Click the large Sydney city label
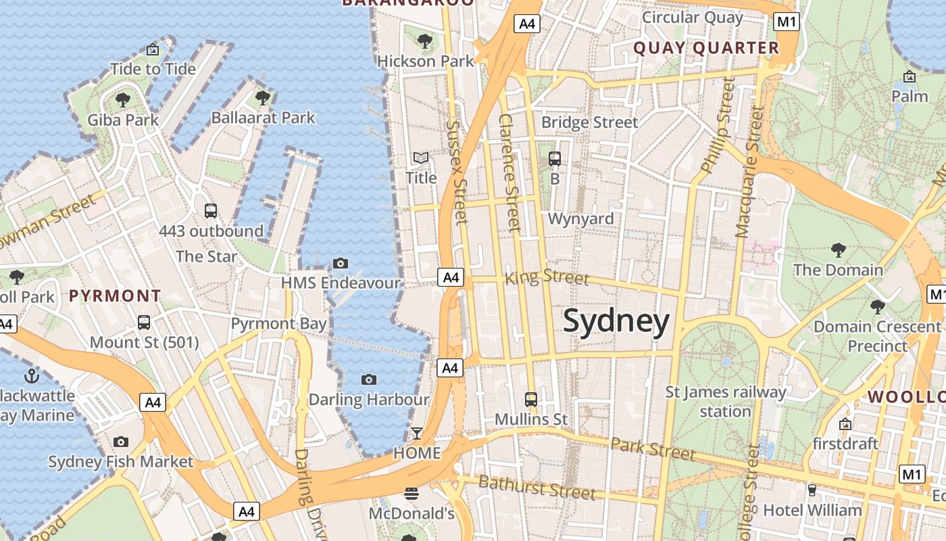point(616,321)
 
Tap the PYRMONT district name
point(115,296)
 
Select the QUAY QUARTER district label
point(707,48)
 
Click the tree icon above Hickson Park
point(425,41)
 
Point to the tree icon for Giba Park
point(122,100)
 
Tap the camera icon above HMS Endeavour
point(341,263)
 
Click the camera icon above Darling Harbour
point(368,379)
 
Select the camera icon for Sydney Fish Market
point(121,442)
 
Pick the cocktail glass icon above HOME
point(417,433)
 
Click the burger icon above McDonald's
point(411,494)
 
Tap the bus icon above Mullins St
point(531,399)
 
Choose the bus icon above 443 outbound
point(211,210)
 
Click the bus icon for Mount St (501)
point(144,322)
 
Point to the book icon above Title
point(421,158)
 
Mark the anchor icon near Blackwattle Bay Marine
point(32,376)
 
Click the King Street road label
point(547,277)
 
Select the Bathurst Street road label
point(537,488)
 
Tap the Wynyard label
point(580,218)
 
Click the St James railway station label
point(726,402)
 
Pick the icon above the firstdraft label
point(845,424)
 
